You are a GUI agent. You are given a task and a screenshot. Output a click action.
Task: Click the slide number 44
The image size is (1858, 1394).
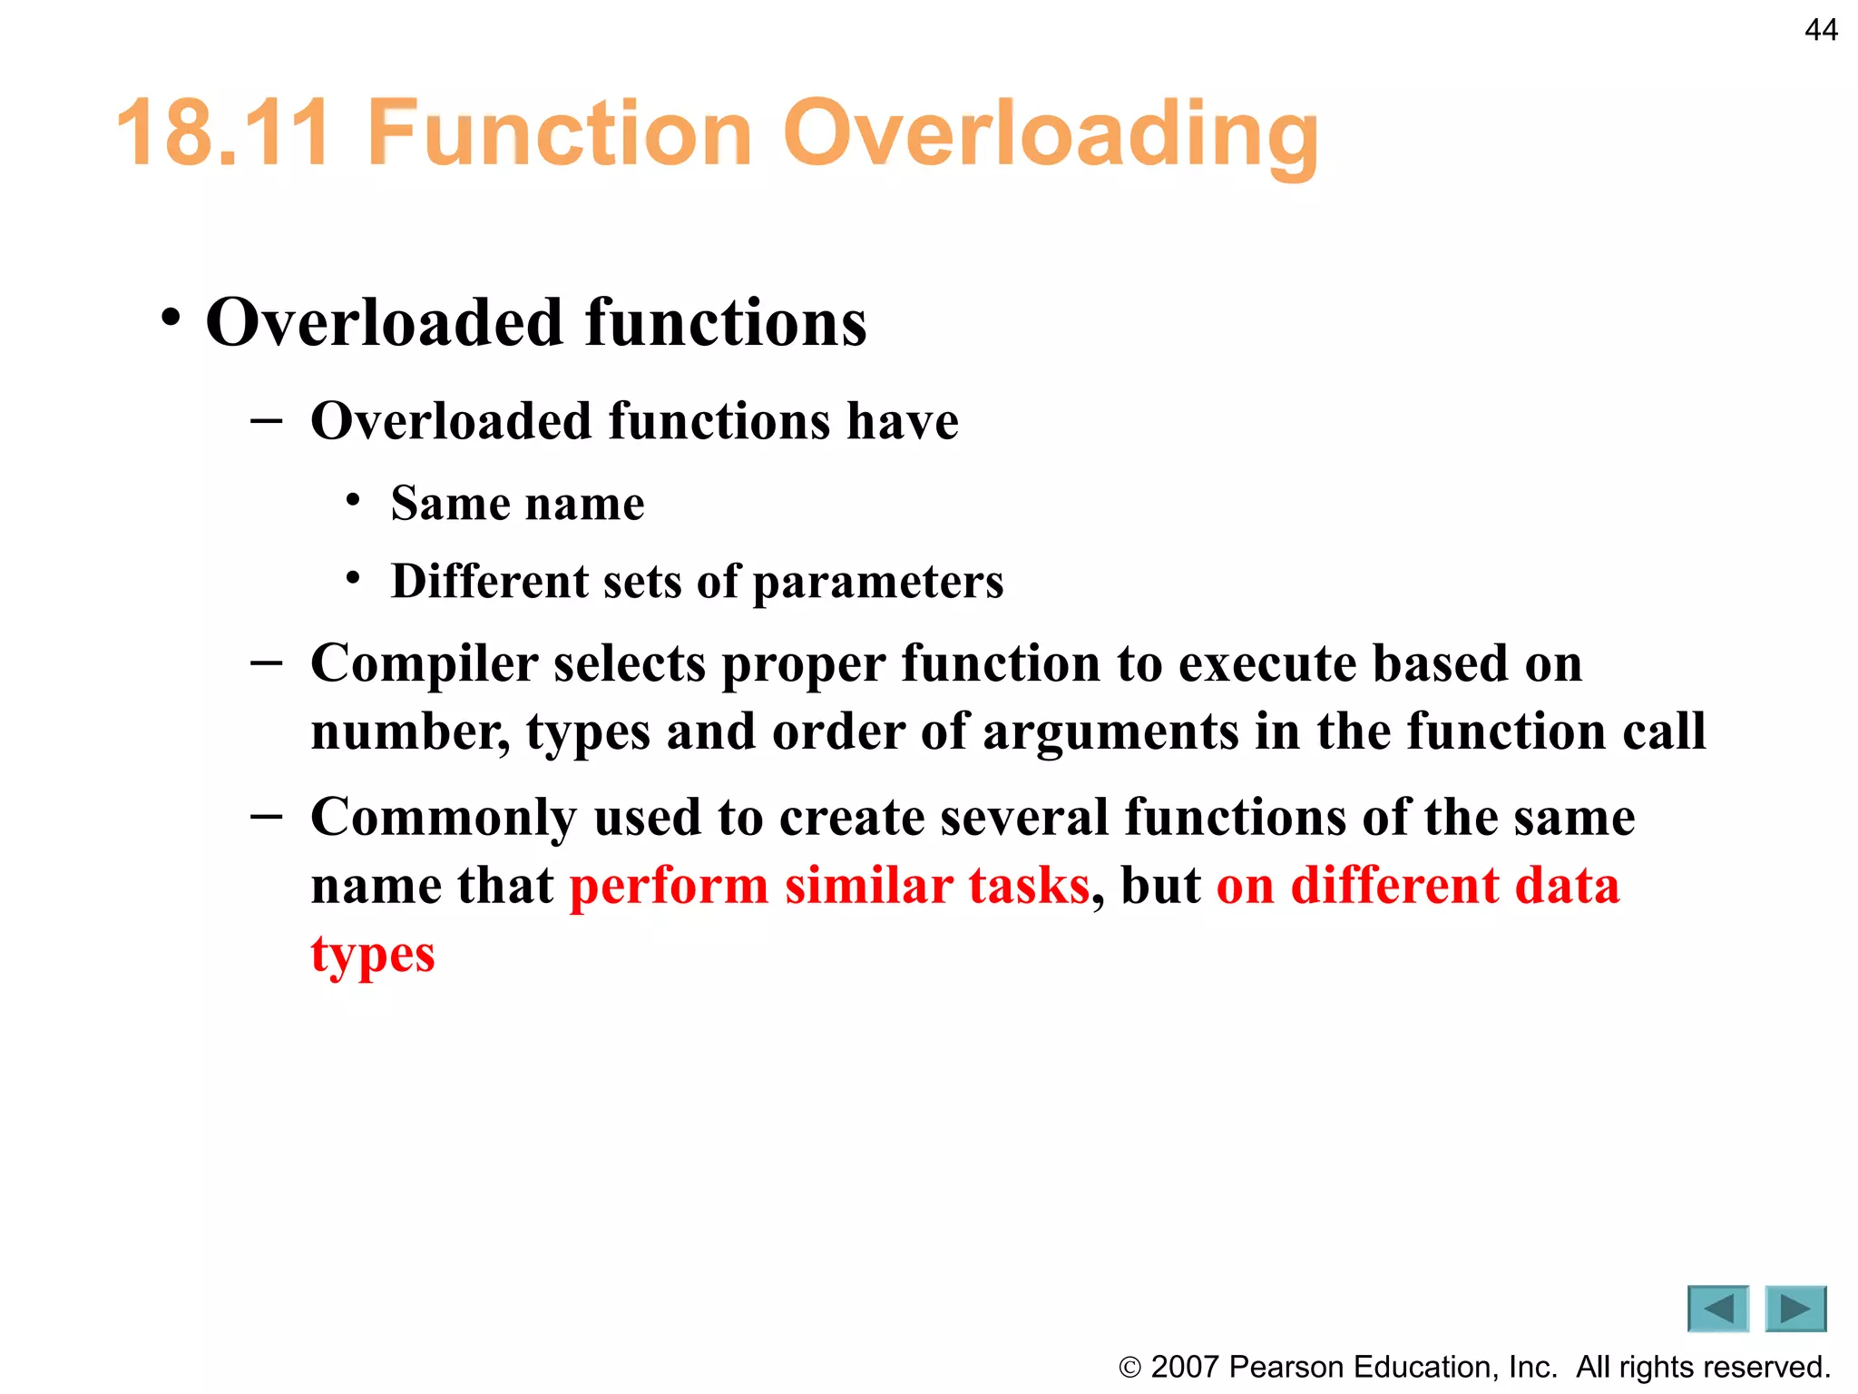pos(1821,30)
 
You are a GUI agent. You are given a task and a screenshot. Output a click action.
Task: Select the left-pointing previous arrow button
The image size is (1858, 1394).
pos(1717,1309)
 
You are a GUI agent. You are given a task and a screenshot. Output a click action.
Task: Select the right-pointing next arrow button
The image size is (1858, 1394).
pos(1795,1309)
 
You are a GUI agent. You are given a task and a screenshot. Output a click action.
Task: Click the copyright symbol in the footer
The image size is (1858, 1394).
pos(1129,1368)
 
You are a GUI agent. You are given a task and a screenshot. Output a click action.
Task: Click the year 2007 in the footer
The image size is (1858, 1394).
pos(1185,1367)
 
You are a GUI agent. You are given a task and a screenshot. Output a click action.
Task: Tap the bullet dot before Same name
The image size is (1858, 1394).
pos(354,500)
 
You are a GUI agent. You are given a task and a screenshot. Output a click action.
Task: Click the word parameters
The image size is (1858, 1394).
pos(878,583)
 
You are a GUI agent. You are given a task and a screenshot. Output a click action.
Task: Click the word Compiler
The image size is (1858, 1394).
pos(425,664)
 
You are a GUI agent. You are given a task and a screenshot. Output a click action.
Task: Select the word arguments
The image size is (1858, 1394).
pos(1110,731)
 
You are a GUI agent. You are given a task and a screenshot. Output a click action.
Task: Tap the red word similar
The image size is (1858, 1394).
pos(868,886)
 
